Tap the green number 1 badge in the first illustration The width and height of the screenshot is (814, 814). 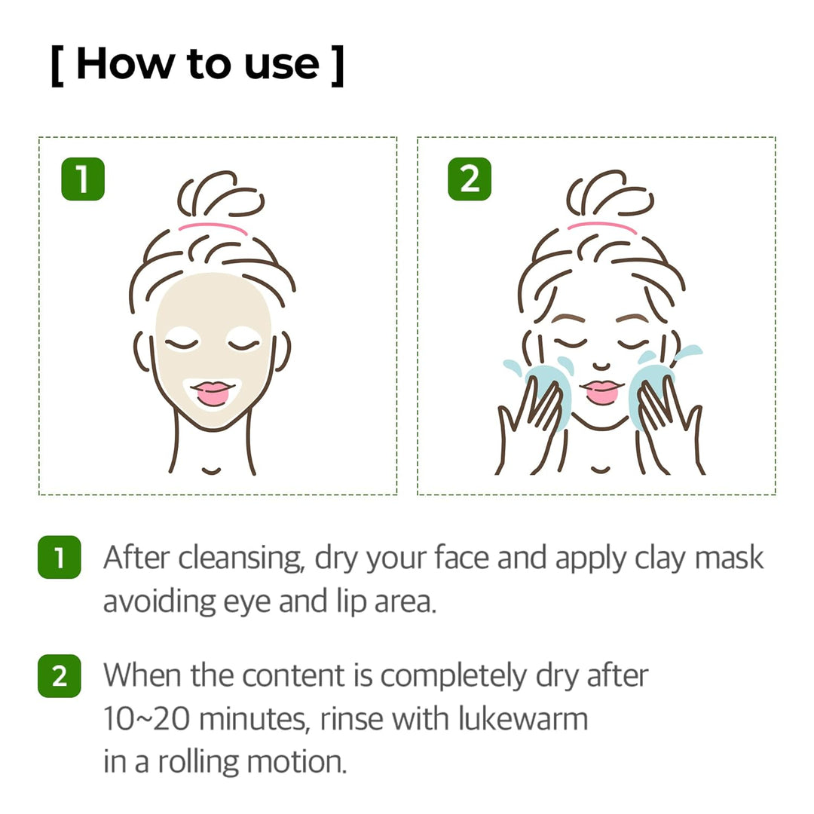click(82, 179)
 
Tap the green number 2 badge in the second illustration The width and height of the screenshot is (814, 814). click(469, 179)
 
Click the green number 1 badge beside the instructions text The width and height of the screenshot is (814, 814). click(59, 558)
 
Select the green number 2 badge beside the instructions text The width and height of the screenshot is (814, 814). click(59, 676)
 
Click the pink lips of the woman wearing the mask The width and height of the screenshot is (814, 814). click(213, 392)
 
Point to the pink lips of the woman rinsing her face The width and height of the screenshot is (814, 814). click(601, 391)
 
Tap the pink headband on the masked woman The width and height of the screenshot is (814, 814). click(213, 227)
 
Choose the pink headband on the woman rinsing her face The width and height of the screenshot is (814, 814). click(601, 227)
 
